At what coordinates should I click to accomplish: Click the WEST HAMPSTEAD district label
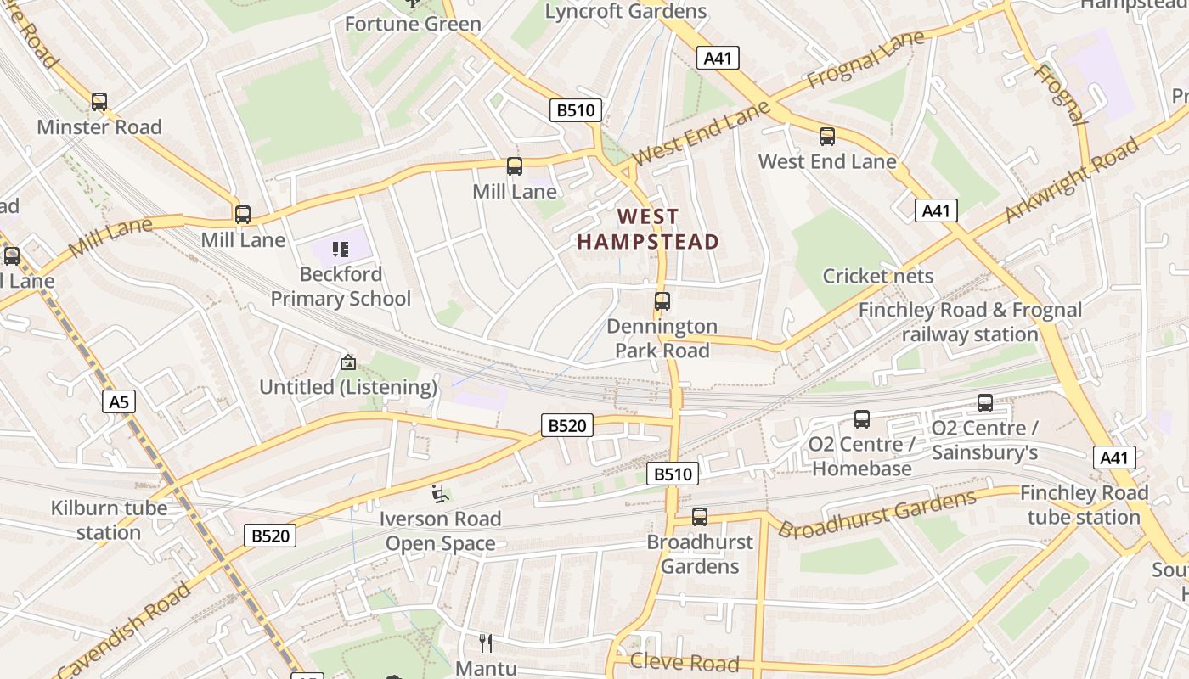[x=648, y=230]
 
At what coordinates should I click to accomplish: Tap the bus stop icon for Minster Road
[x=99, y=102]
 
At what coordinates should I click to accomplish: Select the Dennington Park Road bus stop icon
[x=662, y=301]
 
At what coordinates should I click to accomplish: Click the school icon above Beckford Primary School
[x=341, y=250]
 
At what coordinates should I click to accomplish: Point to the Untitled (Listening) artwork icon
[x=347, y=362]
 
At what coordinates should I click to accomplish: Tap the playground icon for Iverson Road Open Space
[x=439, y=493]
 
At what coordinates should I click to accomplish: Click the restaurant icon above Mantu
[x=486, y=643]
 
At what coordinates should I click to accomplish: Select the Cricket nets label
[x=877, y=276]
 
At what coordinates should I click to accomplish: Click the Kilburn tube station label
[x=109, y=520]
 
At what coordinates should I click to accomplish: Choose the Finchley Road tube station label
[x=1084, y=505]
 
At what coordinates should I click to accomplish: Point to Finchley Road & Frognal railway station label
[x=970, y=322]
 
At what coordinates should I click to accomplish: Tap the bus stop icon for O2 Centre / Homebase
[x=862, y=419]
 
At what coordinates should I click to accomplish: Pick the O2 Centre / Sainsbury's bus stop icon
[x=985, y=403]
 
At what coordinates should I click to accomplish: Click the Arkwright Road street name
[x=1072, y=180]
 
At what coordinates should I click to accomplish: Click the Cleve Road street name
[x=685, y=663]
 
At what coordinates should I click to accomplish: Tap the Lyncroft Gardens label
[x=626, y=11]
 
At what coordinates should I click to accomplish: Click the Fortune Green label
[x=413, y=24]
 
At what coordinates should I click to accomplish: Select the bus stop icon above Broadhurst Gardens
[x=700, y=517]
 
